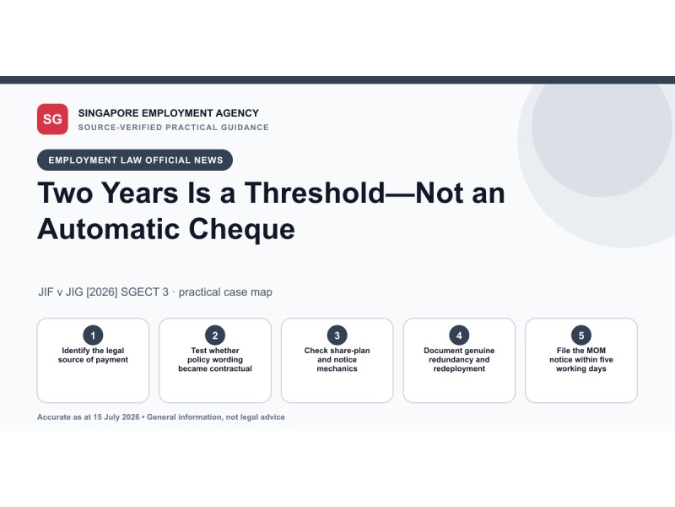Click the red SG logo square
(x=52, y=119)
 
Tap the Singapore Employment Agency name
(x=168, y=113)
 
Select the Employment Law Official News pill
(x=135, y=160)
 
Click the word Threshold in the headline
(x=315, y=193)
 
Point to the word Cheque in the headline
(x=241, y=229)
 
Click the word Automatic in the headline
(x=109, y=228)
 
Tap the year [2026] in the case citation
(x=101, y=292)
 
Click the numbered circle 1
(x=93, y=335)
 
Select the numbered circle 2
(x=215, y=335)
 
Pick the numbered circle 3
(x=337, y=335)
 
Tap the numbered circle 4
(x=459, y=335)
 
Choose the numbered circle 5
(x=581, y=335)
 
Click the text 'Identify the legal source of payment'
(x=93, y=355)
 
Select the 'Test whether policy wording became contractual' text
(x=215, y=360)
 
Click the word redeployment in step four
(x=459, y=368)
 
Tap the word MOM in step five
(x=596, y=351)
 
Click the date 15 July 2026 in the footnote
(x=116, y=417)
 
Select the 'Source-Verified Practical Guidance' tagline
(x=174, y=128)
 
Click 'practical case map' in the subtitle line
(x=225, y=292)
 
